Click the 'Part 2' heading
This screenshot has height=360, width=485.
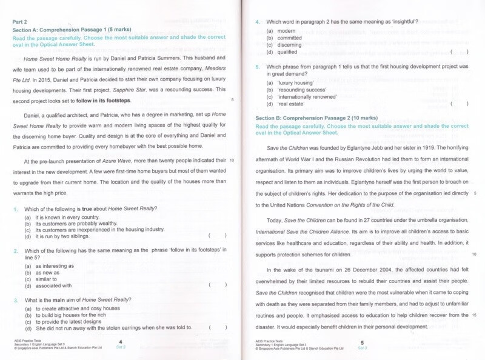pos(21,21)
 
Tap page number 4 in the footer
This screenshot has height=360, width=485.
pos(121,342)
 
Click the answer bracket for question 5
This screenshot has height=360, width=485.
pos(459,104)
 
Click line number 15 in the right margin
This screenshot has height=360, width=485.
pos(473,315)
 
